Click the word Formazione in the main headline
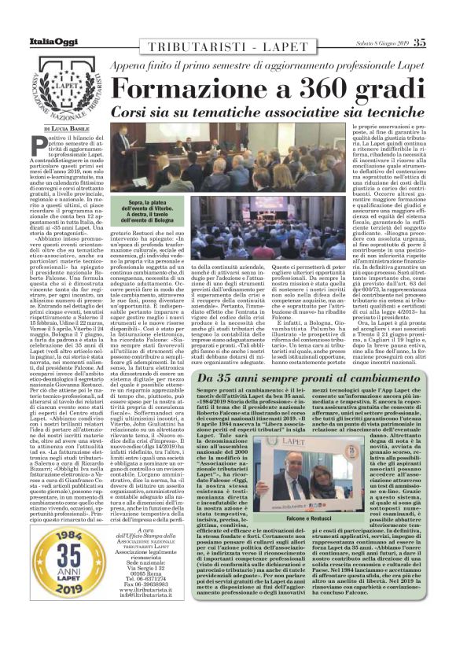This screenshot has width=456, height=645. [178, 89]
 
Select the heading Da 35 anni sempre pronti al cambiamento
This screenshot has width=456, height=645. [308, 378]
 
